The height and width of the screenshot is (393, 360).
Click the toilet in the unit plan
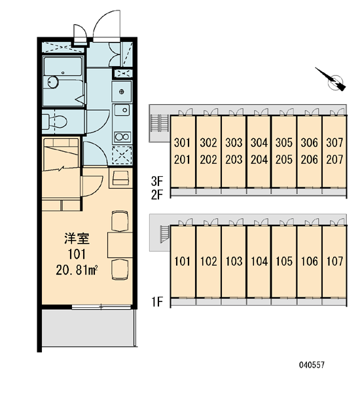pyautogui.click(x=54, y=122)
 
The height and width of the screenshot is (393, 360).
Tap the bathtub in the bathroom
pyautogui.click(x=63, y=66)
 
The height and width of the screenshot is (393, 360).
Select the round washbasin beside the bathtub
pyautogui.click(x=53, y=82)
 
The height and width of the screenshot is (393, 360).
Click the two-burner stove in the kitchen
pyautogui.click(x=122, y=137)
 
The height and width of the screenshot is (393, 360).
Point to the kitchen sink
pyautogui.click(x=122, y=110)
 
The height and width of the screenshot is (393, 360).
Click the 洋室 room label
pyautogui.click(x=77, y=238)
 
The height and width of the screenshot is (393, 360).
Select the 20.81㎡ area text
pyautogui.click(x=77, y=271)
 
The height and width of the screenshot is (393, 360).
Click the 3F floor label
pyautogui.click(x=157, y=181)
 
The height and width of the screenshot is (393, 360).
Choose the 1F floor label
pyautogui.click(x=157, y=301)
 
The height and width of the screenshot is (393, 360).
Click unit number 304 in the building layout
pyautogui.click(x=259, y=143)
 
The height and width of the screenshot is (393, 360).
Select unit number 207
pyautogui.click(x=334, y=159)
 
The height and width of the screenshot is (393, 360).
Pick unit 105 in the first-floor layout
pyautogui.click(x=284, y=261)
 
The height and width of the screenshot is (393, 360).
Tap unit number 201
pyautogui.click(x=182, y=159)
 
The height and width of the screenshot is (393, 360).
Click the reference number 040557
pyautogui.click(x=312, y=365)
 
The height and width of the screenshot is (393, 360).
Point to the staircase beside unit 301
pyautogui.click(x=160, y=123)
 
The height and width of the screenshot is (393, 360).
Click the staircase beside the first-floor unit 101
pyautogui.click(x=165, y=234)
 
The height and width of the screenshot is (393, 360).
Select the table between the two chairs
pyautogui.click(x=120, y=245)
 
